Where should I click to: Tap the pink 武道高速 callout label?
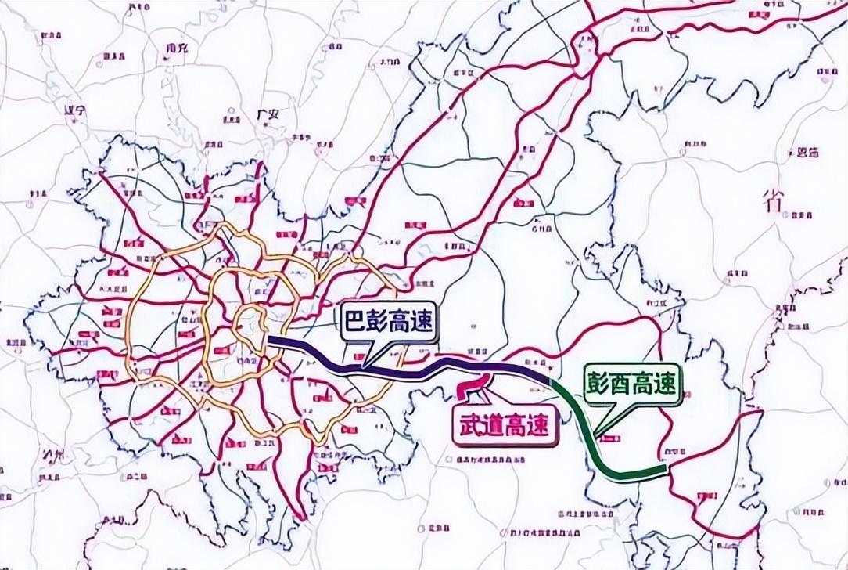503,427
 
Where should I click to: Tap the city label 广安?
268,114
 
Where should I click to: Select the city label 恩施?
806,153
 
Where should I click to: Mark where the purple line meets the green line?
552,381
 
